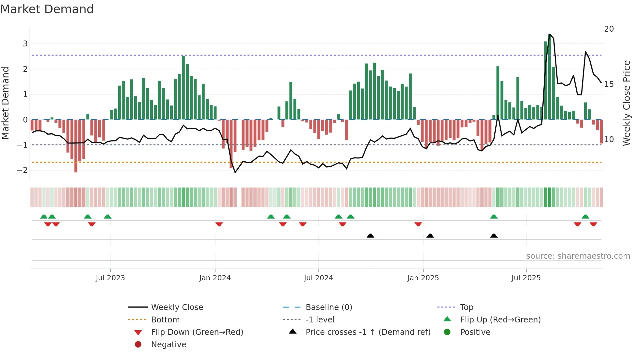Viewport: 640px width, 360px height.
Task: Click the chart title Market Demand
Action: [47, 9]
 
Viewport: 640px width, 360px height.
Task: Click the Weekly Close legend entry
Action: [177, 307]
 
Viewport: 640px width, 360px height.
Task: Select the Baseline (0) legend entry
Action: [328, 307]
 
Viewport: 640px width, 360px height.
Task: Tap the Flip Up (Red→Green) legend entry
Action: [500, 320]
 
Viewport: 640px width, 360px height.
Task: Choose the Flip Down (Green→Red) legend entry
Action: [197, 332]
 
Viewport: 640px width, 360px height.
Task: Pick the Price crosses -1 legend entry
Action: [368, 332]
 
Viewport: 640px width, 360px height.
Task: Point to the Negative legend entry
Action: [168, 345]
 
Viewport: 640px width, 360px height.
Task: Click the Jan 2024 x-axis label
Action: [215, 278]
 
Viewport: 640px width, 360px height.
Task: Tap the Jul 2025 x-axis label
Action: [526, 278]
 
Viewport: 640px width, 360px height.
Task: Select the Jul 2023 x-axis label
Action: [110, 278]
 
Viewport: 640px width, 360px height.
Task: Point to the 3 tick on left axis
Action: [25, 44]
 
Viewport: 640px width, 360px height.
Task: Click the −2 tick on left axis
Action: [23, 170]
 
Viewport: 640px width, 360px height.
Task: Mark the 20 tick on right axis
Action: [609, 29]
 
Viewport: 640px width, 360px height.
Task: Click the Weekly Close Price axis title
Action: [626, 103]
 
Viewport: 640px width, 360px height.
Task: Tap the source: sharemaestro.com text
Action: [578, 256]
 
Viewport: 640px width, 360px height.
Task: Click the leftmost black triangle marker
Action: [370, 236]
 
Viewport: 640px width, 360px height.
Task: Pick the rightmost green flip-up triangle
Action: [585, 217]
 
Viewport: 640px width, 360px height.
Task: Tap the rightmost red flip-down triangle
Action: [593, 224]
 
